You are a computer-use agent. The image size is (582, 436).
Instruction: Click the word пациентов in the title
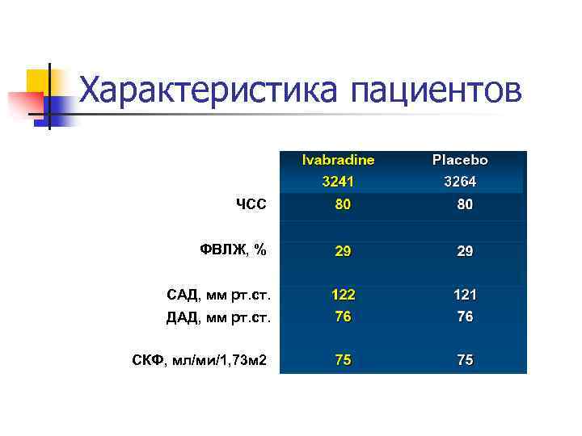pos(436,91)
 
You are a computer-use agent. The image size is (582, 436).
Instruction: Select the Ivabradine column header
pos(338,160)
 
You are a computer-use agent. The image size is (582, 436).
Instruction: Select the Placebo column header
pos(460,160)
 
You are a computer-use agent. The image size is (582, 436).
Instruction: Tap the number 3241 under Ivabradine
pos(338,182)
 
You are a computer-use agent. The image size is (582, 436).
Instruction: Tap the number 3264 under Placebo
pos(460,182)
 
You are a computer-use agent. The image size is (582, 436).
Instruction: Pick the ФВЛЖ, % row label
pos(233,249)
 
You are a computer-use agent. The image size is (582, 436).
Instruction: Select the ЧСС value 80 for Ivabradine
pos(344,205)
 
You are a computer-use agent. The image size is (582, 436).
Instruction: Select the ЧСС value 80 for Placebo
pos(465,205)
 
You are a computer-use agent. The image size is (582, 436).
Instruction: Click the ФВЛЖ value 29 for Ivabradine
pos(344,251)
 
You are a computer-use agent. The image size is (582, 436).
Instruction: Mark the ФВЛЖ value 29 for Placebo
pos(465,251)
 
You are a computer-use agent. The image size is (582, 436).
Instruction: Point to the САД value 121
pos(465,296)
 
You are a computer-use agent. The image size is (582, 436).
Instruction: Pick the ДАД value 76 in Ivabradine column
pos(344,317)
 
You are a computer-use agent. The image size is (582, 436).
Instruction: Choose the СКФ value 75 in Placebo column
pos(465,361)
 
